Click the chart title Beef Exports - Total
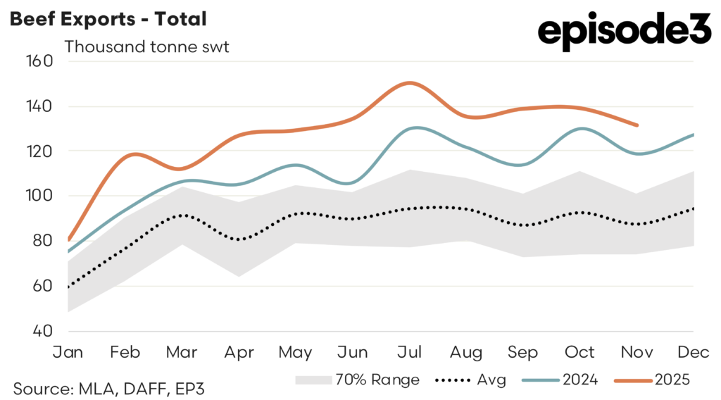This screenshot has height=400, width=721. pos(108,19)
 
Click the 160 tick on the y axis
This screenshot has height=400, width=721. pos(40,61)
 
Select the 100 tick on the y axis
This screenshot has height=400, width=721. pos(40,196)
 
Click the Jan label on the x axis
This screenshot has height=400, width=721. pos(69,351)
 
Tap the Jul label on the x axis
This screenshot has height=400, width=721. pos(409,351)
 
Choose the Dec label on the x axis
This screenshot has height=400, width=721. pos(694,351)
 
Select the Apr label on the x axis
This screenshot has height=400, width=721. pos(239,351)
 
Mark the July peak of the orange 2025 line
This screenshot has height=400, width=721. pos(409,83)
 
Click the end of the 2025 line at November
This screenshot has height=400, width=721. pos(637,125)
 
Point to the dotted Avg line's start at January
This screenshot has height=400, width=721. pos(69,287)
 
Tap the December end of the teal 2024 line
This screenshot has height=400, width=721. pos(694,134)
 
